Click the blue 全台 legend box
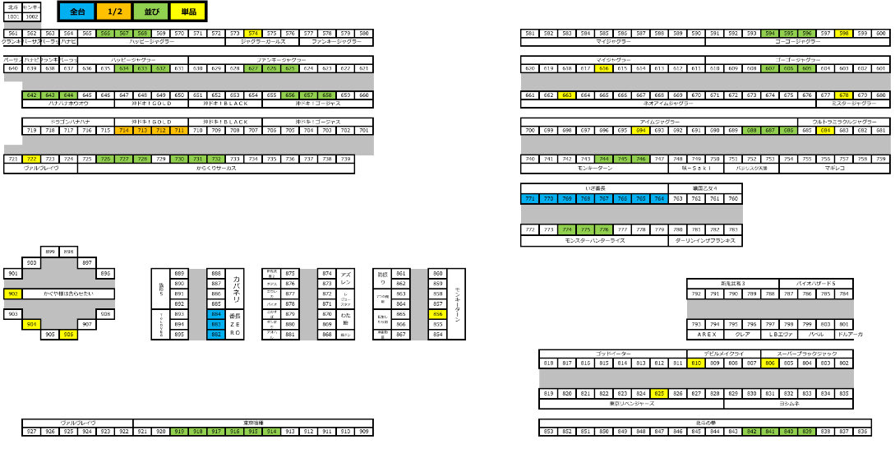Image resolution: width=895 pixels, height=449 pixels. tap(77, 12)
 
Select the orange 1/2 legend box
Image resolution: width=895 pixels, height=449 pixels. tap(114, 12)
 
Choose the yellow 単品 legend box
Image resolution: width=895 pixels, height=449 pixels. tap(187, 12)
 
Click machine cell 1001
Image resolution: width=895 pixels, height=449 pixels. tap(13, 16)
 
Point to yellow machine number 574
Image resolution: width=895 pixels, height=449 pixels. tap(253, 34)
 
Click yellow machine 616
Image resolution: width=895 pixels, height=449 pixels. tap(604, 68)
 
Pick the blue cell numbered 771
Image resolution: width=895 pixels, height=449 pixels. tap(530, 198)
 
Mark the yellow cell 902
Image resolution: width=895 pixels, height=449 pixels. tap(13, 294)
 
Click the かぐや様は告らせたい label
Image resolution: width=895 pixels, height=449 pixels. tap(68, 294)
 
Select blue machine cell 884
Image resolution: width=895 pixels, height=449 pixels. tap(216, 314)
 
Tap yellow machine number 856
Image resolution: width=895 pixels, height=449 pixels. tap(437, 314)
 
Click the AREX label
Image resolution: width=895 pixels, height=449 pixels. tap(696, 335)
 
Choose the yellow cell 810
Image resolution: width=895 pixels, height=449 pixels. tap(696, 363)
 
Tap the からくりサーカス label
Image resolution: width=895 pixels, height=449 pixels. tap(216, 168)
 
